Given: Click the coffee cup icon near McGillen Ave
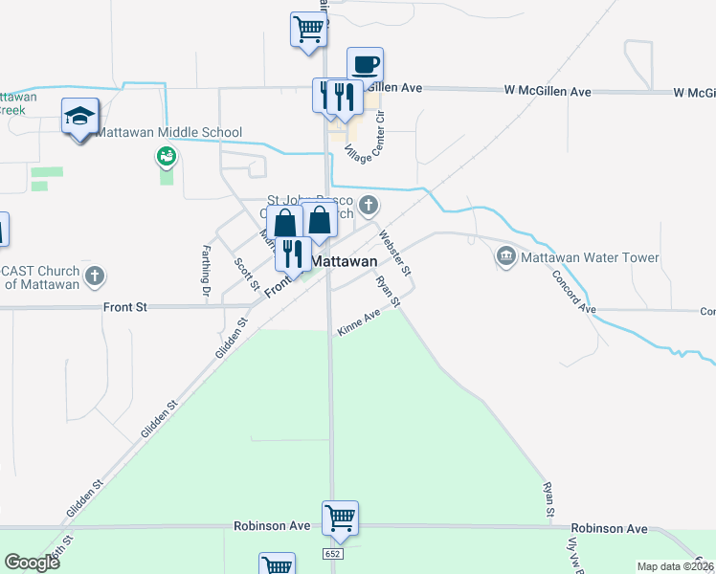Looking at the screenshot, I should coord(365,66).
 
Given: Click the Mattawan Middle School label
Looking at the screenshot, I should coord(168,132).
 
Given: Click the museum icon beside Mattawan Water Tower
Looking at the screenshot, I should coord(505,256).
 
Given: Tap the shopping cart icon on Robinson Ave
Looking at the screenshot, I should coord(340,519).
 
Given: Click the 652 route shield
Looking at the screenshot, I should coord(332,555).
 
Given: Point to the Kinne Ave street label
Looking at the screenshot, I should coord(359,328).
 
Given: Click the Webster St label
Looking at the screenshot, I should coord(395,253).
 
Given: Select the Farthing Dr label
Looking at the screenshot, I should coord(205,271).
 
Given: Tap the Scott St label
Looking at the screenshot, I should coord(247,275).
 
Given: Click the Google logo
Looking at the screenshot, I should coord(32,563).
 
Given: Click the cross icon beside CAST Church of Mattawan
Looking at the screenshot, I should coord(94,277).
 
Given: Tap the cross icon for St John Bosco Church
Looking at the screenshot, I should coord(369,205).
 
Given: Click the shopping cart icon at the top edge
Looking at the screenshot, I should coord(308,29).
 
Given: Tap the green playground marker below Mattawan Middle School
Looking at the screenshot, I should coord(167,155).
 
